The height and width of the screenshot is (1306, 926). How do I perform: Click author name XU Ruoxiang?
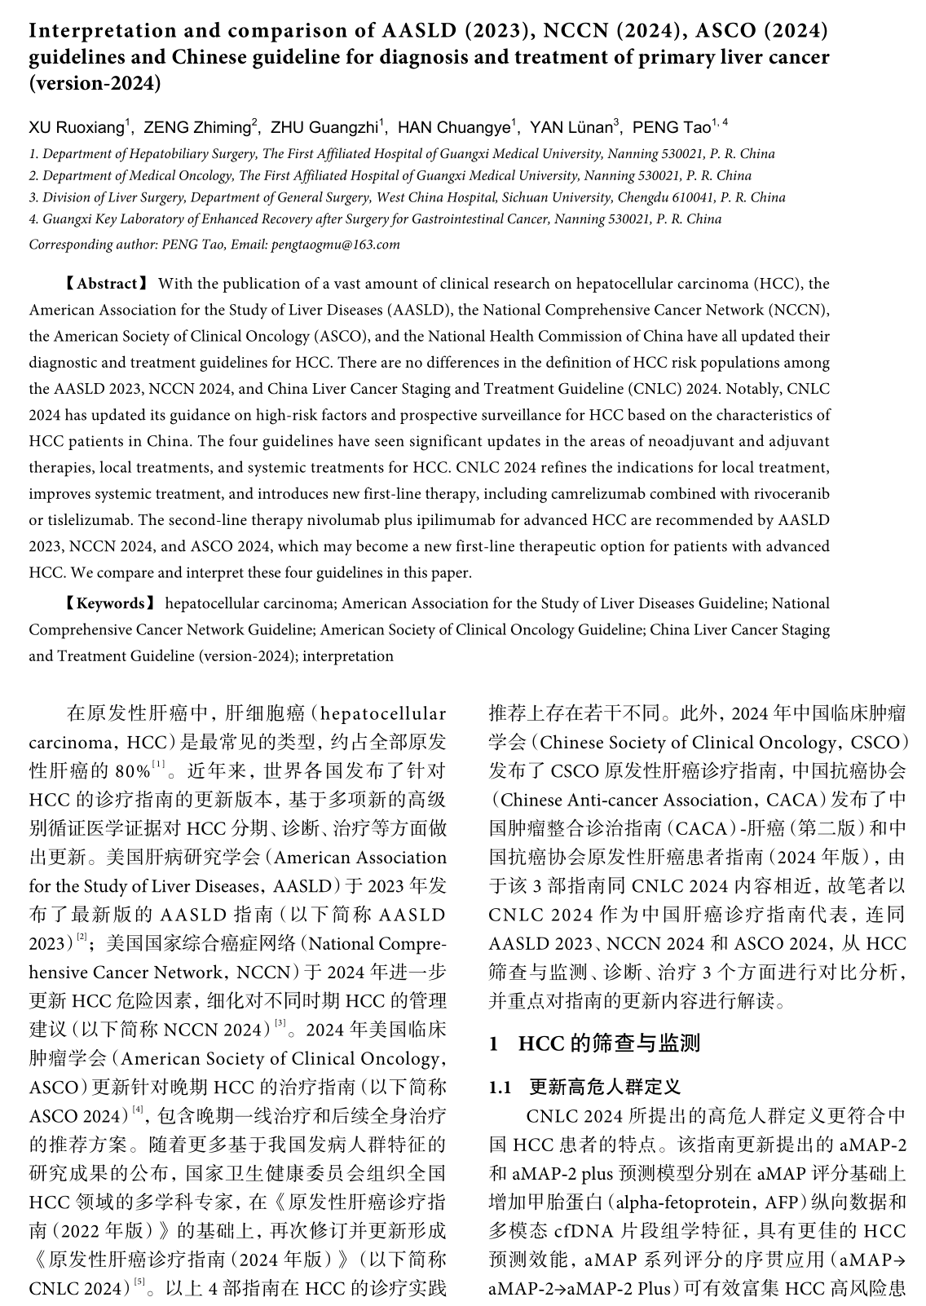click(x=77, y=127)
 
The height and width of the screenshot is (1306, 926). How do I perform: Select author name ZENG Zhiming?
click(x=196, y=127)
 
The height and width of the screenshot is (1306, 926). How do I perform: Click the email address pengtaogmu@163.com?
click(x=348, y=245)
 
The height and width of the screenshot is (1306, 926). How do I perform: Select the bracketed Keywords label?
click(x=110, y=604)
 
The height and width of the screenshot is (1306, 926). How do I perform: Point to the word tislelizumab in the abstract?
click(x=86, y=520)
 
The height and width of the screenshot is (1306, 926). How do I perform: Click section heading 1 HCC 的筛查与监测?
click(x=594, y=1043)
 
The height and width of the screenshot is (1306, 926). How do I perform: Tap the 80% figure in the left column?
click(x=133, y=771)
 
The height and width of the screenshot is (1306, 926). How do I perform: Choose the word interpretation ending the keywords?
click(x=348, y=656)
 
